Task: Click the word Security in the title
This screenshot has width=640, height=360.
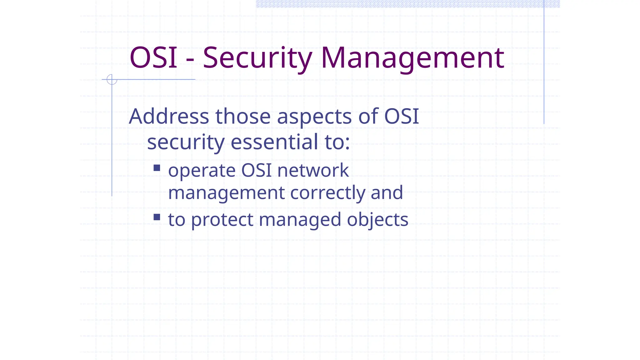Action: click(257, 58)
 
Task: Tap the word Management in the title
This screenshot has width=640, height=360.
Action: click(412, 58)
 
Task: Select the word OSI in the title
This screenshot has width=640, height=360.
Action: click(153, 58)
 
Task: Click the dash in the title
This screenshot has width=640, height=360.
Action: click(190, 59)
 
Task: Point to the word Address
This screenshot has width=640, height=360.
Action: click(169, 116)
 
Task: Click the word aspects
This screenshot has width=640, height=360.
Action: click(314, 117)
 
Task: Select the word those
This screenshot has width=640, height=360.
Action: click(243, 116)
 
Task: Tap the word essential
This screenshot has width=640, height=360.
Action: click(275, 142)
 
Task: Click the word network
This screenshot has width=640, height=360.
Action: click(313, 170)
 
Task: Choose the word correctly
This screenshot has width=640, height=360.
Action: click(327, 193)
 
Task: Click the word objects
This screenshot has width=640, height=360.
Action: click(377, 220)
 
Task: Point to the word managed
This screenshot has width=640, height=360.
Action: click(300, 220)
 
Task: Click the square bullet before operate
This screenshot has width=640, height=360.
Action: click(157, 168)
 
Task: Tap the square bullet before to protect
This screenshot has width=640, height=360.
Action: click(157, 217)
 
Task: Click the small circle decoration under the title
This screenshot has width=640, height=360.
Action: click(112, 79)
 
